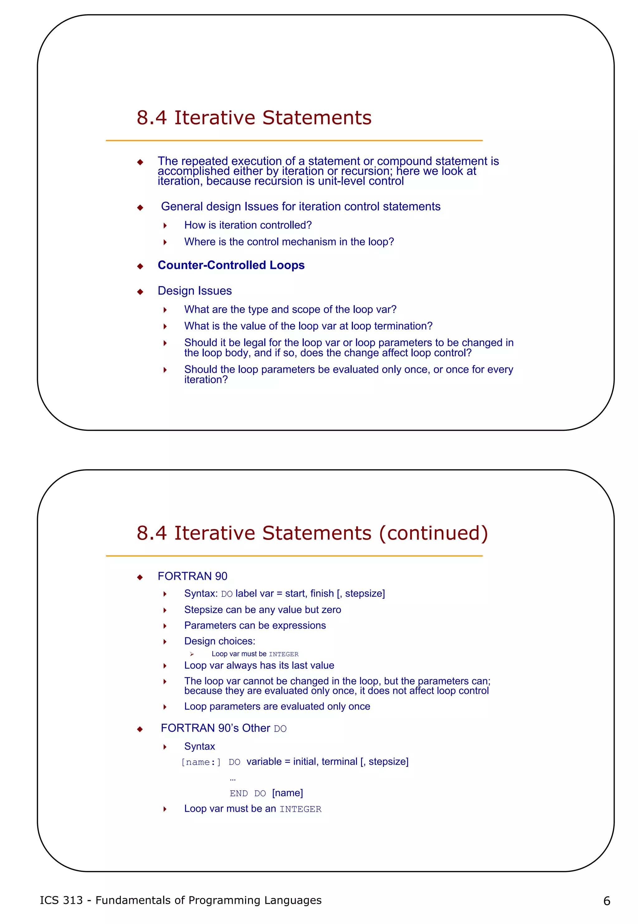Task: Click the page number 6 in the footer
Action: tap(607, 901)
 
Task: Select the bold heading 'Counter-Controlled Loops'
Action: tap(231, 265)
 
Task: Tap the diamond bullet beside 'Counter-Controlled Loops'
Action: tap(140, 267)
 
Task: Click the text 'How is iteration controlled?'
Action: tap(248, 225)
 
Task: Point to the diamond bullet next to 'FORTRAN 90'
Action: tap(140, 577)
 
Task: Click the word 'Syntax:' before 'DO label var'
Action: tap(201, 594)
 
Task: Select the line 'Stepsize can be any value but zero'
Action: tap(263, 609)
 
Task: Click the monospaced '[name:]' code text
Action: tap(201, 762)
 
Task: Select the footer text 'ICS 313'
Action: tap(61, 900)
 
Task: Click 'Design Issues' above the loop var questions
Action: tap(195, 291)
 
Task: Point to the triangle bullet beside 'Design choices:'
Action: tap(165, 642)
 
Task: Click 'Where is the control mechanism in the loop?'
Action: tap(289, 242)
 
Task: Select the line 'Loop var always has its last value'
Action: tap(259, 666)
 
